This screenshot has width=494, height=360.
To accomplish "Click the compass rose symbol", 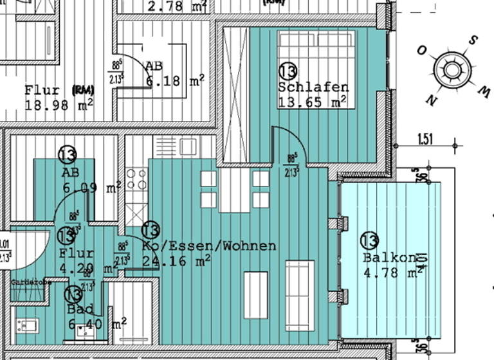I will tap(453, 70).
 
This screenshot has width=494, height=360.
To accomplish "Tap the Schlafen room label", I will tap(313, 87).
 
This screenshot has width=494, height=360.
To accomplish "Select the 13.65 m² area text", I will tap(312, 102).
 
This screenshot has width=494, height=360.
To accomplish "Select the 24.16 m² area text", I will tap(176, 260).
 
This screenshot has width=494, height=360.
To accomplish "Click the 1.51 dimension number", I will tap(425, 138).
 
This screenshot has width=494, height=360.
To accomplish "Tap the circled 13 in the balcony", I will tap(369, 240).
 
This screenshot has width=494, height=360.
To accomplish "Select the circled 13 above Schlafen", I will tap(288, 71).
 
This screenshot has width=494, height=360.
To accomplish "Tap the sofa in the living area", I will tap(300, 295).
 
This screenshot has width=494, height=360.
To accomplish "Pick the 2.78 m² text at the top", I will tap(177, 7).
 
